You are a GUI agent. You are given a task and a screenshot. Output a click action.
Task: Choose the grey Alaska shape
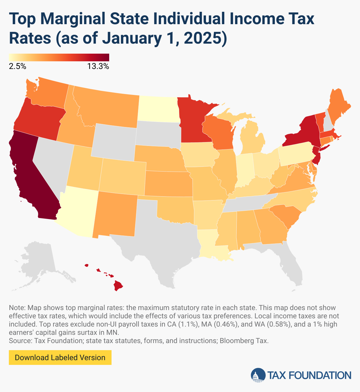coord(38,259)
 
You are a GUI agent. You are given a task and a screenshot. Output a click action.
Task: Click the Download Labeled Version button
coord(60,358)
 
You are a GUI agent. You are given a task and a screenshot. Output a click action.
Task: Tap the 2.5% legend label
coord(17,66)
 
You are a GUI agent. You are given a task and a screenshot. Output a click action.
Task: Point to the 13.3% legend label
coord(98,66)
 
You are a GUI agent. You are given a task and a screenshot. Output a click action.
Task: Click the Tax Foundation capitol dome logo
coord(258,375)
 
